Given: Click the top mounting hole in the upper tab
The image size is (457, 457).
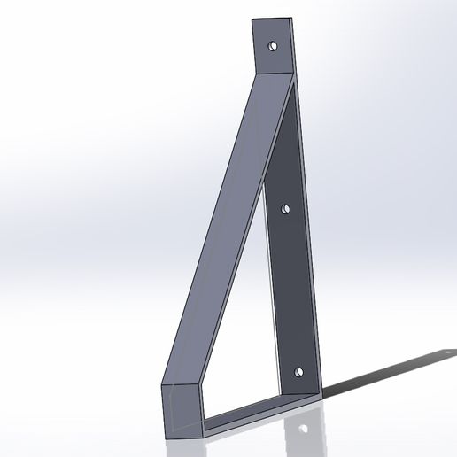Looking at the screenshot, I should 273,43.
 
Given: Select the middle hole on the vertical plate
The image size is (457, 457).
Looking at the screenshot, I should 285,209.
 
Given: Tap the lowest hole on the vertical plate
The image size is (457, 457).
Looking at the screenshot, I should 298,372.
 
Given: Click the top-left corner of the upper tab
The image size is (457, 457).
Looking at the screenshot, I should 252,20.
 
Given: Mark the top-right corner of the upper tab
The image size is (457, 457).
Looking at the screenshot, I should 293,18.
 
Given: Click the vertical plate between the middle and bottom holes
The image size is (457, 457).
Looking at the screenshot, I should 292,292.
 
